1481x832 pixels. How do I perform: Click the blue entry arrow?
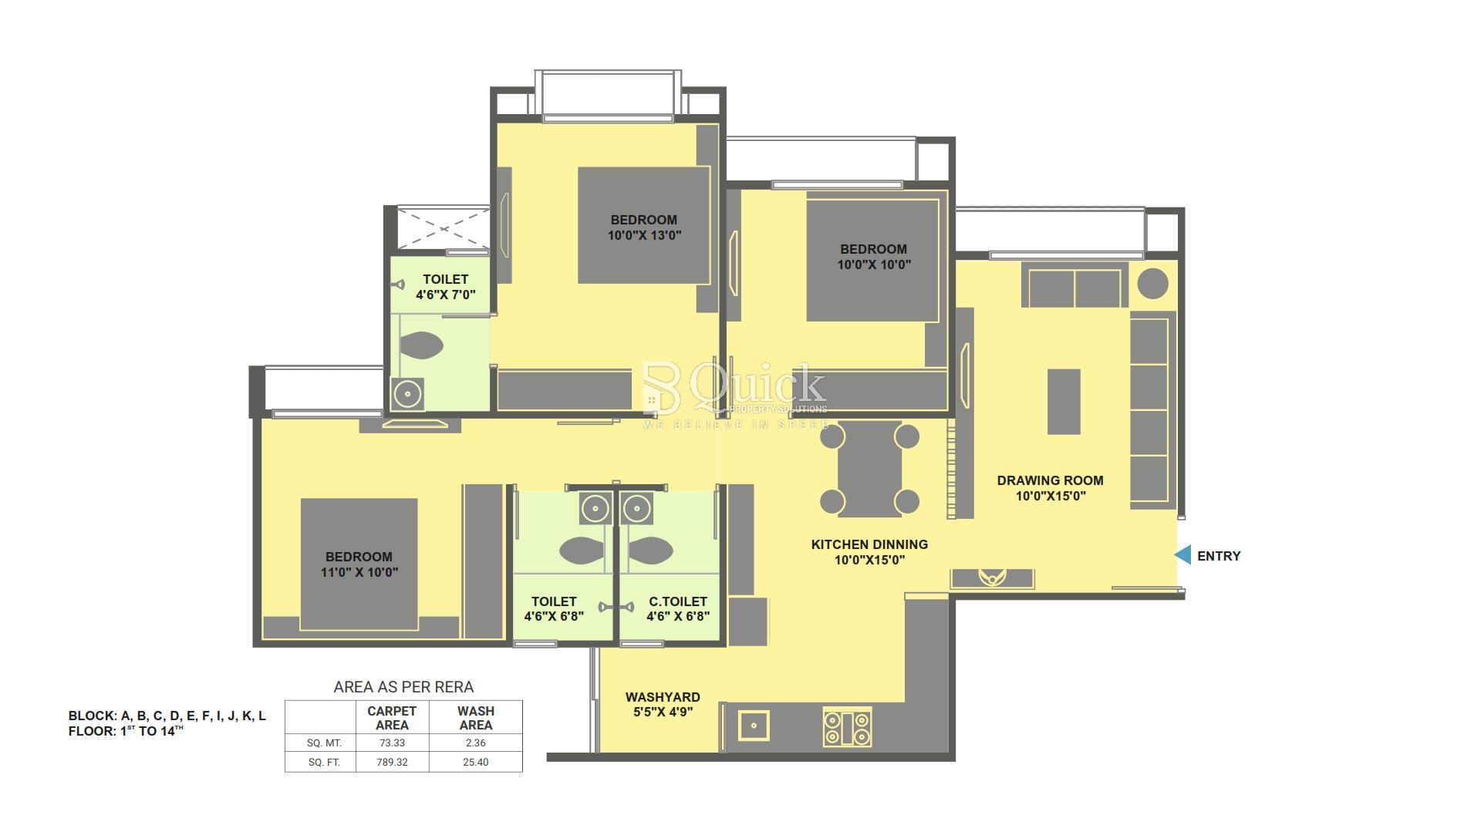pyautogui.click(x=1182, y=554)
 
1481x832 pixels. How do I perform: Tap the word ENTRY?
pyautogui.click(x=1219, y=556)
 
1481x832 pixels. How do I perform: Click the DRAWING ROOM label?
pyautogui.click(x=1050, y=480)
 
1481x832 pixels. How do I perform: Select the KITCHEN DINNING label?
pyautogui.click(x=869, y=544)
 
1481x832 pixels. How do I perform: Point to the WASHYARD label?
pyautogui.click(x=663, y=697)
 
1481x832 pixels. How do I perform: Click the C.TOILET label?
pyautogui.click(x=678, y=601)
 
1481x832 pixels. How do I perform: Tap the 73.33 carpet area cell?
pyautogui.click(x=392, y=743)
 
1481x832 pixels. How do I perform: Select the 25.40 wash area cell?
pyautogui.click(x=476, y=762)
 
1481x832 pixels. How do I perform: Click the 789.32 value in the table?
pyautogui.click(x=392, y=762)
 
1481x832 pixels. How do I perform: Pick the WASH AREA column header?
pyautogui.click(x=476, y=718)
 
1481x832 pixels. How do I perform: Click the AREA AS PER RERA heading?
pyautogui.click(x=403, y=687)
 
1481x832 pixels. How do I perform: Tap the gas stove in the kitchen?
pyautogui.click(x=847, y=726)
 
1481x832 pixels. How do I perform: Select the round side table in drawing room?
pyautogui.click(x=1152, y=283)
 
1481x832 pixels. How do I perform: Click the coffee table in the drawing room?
pyautogui.click(x=1064, y=401)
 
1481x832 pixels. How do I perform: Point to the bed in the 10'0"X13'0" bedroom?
pyautogui.click(x=643, y=225)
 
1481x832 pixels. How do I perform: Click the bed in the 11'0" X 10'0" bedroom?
pyautogui.click(x=359, y=564)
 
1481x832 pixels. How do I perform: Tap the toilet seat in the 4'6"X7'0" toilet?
pyautogui.click(x=422, y=345)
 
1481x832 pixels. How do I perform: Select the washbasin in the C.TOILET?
pyautogui.click(x=636, y=508)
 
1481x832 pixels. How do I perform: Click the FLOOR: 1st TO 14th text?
pyautogui.click(x=126, y=731)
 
